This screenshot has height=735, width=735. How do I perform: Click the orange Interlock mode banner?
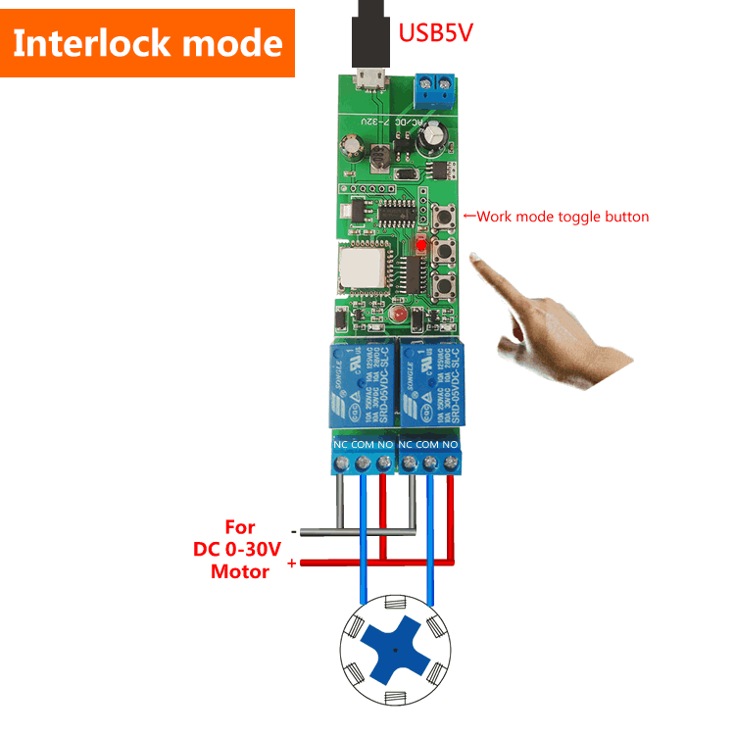coord(147,43)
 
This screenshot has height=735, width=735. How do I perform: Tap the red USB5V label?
coord(435,32)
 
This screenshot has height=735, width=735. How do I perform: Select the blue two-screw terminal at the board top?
coord(437,89)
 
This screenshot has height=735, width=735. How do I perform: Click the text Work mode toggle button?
coord(562,217)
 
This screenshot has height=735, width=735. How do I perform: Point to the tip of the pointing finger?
coord(474,257)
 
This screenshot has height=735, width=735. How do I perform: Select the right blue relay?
coord(431,385)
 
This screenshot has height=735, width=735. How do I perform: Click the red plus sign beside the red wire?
coord(291,563)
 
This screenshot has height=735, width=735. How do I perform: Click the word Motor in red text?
coord(240,571)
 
